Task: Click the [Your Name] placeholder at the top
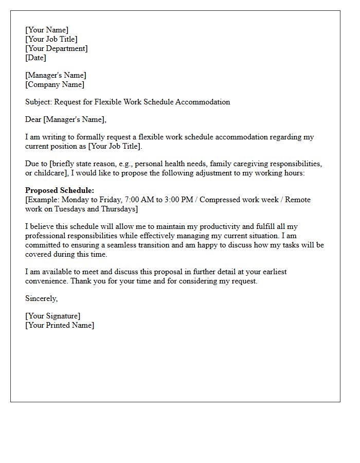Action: (x=47, y=30)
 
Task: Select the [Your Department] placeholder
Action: (x=57, y=48)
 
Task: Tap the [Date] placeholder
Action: (x=35, y=58)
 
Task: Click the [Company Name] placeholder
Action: (x=55, y=84)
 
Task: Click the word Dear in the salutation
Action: (x=33, y=119)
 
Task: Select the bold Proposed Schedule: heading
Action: (x=60, y=190)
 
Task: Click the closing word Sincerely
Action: (x=41, y=298)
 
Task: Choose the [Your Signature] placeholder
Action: (x=53, y=316)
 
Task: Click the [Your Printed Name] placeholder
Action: (x=60, y=325)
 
